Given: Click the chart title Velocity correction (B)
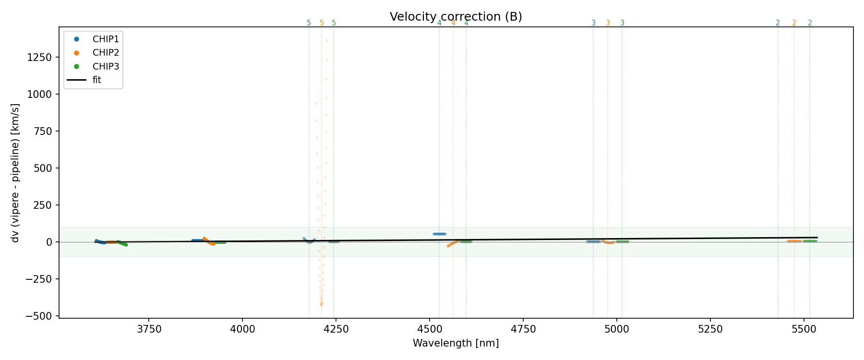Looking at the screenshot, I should [456, 17].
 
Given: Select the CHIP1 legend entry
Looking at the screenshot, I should [106, 39].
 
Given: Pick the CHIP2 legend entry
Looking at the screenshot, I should [106, 53].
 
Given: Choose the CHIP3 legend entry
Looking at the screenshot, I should [106, 67].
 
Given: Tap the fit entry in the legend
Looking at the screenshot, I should [97, 80].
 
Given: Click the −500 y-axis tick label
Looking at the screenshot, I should [40, 316].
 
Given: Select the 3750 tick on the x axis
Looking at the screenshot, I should [149, 329].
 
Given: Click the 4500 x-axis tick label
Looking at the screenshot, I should [429, 329].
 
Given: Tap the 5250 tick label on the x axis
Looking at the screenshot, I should [710, 329].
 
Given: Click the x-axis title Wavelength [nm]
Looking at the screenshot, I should [456, 343].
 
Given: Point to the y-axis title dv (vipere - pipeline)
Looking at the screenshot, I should [15, 173].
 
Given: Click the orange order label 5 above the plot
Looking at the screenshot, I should [322, 23].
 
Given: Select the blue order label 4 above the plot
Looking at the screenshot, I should [439, 23].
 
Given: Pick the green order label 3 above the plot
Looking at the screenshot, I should [622, 23].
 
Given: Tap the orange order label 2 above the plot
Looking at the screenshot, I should [794, 23].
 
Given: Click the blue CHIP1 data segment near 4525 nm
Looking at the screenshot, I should [439, 234].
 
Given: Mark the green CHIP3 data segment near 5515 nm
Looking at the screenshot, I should [810, 241].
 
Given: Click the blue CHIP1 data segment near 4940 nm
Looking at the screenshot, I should [593, 241].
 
